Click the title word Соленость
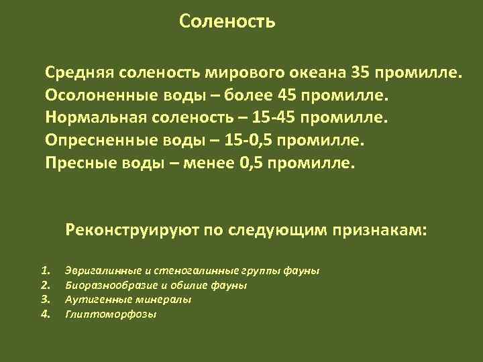pos(227,22)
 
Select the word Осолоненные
pos(97,95)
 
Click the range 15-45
pos(270,117)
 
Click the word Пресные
pos(76,163)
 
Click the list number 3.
pos(46,299)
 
